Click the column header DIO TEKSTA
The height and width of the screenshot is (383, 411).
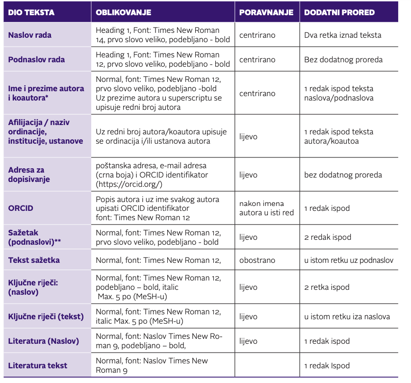point(31,12)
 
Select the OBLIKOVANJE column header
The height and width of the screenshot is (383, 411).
point(123,12)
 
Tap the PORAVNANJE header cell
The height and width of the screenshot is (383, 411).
point(266,12)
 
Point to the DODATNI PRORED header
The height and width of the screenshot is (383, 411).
point(339,12)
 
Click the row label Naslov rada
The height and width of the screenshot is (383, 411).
point(30,35)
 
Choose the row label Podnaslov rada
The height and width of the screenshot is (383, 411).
point(36,60)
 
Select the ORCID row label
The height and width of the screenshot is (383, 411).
point(21,208)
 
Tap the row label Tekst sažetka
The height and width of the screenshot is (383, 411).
point(34,260)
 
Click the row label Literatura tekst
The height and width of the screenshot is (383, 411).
point(38,365)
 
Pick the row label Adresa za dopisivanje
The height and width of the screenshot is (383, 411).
point(29,175)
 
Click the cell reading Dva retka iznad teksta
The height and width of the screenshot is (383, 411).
point(342,35)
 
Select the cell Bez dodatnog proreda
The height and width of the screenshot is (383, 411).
point(343,60)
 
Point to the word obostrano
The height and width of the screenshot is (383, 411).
point(257,260)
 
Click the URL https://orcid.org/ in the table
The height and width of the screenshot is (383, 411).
point(129,184)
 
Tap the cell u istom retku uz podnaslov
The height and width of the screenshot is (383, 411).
point(349,260)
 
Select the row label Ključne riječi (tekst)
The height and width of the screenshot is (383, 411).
point(46,317)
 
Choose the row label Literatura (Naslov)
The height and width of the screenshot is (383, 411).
point(43,341)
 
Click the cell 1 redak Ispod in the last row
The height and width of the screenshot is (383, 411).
point(327,365)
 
